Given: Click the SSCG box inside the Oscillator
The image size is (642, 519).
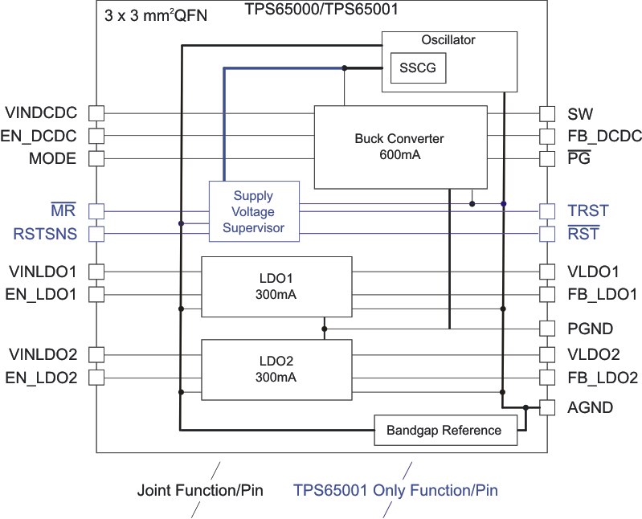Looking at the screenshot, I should coord(418,68).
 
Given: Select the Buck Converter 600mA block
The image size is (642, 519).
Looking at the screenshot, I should coord(399,146).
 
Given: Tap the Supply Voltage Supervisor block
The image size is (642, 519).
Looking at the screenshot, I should coord(253,211).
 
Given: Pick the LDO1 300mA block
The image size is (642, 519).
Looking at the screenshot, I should coord(276,287).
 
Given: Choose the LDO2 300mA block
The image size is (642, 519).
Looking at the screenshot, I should coord(276,369).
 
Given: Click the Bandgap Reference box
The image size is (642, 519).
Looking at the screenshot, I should coord(444,431).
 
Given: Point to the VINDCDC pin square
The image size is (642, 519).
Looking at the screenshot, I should coord(96,112).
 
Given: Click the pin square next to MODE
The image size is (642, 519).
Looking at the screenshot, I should coord(96,158).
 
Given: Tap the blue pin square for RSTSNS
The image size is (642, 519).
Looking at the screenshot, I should coord(96,235).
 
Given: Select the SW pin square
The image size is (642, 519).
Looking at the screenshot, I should coord(547,113).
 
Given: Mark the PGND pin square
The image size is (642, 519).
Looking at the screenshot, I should coord(547,328).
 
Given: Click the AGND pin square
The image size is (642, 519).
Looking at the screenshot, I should coord(547,407).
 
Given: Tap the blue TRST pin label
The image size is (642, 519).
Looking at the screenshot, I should coord(588,211).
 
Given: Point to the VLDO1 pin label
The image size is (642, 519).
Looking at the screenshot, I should coord(593,272).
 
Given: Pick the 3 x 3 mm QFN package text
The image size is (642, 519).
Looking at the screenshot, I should coord(156,15).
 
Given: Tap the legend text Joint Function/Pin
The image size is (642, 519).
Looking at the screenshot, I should coord(200,490).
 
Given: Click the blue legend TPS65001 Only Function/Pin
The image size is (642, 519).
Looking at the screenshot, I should coord(395,490).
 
